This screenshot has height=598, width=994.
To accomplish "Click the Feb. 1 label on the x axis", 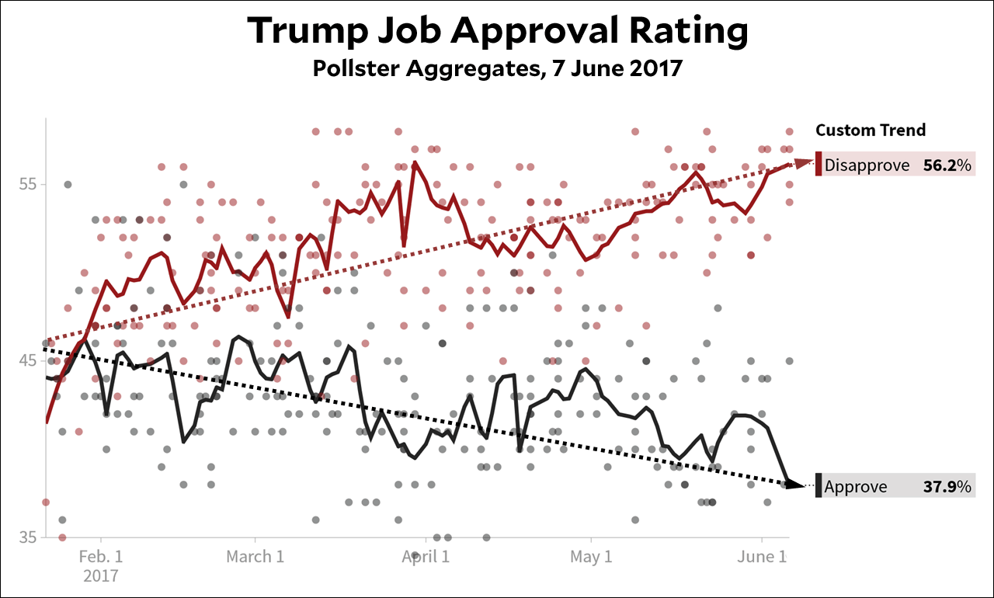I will tap(100, 557).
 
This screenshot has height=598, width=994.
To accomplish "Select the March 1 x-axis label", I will tap(255, 557).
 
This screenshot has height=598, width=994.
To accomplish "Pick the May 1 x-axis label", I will tap(591, 557).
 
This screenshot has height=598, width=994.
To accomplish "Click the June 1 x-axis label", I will tap(762, 557).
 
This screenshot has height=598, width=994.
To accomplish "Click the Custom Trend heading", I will tap(871, 130).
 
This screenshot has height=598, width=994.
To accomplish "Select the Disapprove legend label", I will tap(867, 165).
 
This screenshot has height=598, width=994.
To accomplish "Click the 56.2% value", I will tap(947, 165).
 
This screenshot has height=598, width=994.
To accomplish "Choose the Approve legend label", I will tap(856, 487).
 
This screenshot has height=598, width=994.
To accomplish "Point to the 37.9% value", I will tap(947, 487).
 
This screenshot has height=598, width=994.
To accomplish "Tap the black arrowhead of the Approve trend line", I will tap(796, 485).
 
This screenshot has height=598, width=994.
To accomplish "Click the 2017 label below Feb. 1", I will tap(100, 576).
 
